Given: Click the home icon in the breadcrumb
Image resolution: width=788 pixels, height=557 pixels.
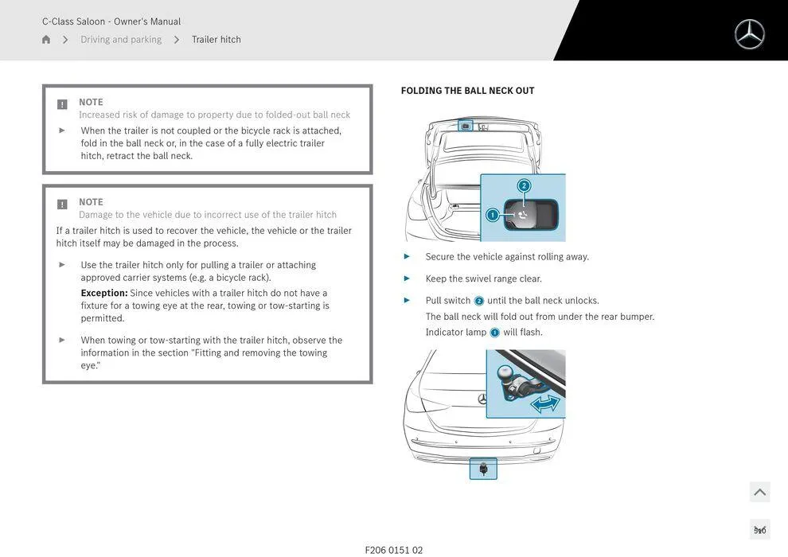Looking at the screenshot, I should (46, 40).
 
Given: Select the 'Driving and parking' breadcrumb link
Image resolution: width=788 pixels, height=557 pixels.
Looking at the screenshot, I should (121, 40).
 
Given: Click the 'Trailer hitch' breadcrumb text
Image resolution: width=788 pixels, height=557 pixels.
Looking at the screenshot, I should (216, 40).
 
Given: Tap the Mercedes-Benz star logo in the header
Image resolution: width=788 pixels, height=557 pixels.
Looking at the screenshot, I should (749, 34).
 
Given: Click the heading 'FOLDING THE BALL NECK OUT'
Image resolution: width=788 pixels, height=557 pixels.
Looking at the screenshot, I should (467, 91).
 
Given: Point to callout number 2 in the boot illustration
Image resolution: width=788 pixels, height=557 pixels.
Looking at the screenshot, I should (524, 185).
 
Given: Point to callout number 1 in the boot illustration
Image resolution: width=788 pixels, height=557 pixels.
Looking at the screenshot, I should (492, 215).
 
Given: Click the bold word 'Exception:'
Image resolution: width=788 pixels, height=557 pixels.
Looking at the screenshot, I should (103, 293).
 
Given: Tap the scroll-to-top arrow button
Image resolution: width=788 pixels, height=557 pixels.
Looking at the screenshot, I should (759, 492).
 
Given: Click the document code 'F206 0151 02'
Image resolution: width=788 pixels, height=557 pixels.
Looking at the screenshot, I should (393, 550).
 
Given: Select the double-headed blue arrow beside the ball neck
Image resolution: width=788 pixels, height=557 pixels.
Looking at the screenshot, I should (545, 404).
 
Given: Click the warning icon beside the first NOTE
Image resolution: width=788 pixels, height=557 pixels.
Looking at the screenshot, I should (62, 104).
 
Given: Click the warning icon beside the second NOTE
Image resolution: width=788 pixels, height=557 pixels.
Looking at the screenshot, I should (62, 204).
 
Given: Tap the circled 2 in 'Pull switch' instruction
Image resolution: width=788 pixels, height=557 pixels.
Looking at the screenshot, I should (478, 301).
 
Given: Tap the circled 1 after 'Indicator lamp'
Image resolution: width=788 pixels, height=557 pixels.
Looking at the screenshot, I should (494, 333).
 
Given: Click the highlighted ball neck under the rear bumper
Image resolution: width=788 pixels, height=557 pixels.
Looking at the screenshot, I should (483, 469).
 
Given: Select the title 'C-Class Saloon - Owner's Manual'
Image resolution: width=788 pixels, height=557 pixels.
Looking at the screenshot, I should (111, 21).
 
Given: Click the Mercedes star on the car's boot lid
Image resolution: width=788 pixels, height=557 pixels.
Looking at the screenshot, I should (482, 399).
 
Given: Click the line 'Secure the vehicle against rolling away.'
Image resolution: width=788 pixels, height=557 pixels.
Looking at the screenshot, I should (507, 257).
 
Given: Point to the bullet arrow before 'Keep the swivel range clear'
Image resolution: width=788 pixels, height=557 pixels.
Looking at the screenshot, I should (407, 278).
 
